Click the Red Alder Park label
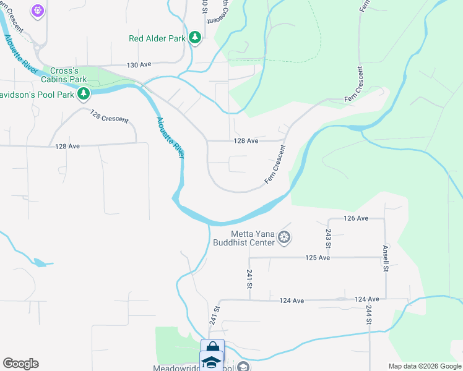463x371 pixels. (x=157, y=38)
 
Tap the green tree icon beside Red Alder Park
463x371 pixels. (x=196, y=38)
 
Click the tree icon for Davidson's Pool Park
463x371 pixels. (x=84, y=94)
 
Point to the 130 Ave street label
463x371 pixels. (x=139, y=65)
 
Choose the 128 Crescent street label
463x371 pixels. (x=109, y=116)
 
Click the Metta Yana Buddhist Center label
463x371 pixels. (x=252, y=238)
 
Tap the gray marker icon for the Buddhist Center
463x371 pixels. (x=284, y=237)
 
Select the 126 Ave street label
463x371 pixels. (x=356, y=218)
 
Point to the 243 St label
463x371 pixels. (x=328, y=236)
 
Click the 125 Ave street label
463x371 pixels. (x=318, y=257)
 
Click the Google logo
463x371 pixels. (x=20, y=364)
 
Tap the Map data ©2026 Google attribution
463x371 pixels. (x=425, y=366)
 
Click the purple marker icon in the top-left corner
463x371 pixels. (x=38, y=10)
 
